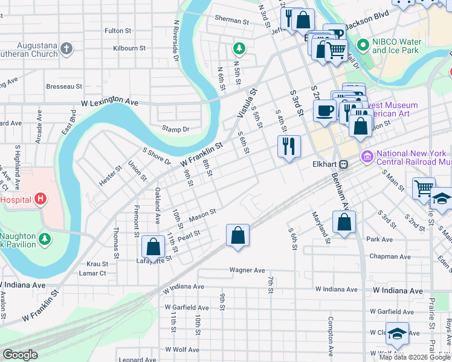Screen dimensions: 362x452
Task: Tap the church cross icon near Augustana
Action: click(67, 48)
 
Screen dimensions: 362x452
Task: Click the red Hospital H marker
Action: click(40, 198)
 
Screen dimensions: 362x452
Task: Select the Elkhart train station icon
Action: click(343, 164)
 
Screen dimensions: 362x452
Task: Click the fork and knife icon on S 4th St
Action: click(289, 145)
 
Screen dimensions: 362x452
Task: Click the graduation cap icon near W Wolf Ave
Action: click(397, 333)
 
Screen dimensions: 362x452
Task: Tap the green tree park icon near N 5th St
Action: click(239, 48)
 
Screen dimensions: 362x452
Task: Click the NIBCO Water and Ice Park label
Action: click(395, 46)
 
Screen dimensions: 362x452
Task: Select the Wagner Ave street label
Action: click(247, 270)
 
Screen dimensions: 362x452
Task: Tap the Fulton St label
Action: click(118, 30)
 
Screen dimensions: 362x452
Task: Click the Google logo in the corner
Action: click(19, 355)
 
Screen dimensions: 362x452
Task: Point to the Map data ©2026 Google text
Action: click(415, 357)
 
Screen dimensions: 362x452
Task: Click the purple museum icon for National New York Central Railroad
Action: click(367, 157)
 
